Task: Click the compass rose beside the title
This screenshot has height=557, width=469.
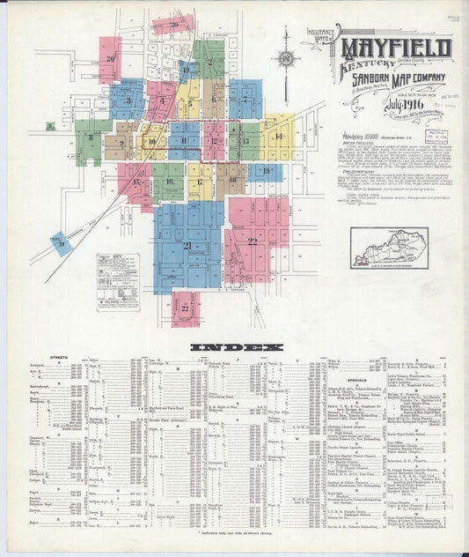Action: point(287,59)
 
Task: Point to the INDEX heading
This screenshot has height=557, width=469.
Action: point(238,346)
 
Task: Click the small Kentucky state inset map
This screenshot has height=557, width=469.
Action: point(388,244)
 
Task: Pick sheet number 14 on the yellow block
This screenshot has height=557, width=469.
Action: point(279,136)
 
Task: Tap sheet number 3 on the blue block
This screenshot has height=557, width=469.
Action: point(128,101)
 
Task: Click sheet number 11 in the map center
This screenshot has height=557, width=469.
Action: point(184,141)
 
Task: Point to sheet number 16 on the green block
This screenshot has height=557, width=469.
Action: point(168,182)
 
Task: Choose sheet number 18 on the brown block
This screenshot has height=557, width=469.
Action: point(232,180)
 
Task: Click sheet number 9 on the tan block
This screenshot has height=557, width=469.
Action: point(121,142)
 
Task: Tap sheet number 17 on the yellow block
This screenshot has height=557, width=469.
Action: point(200,182)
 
